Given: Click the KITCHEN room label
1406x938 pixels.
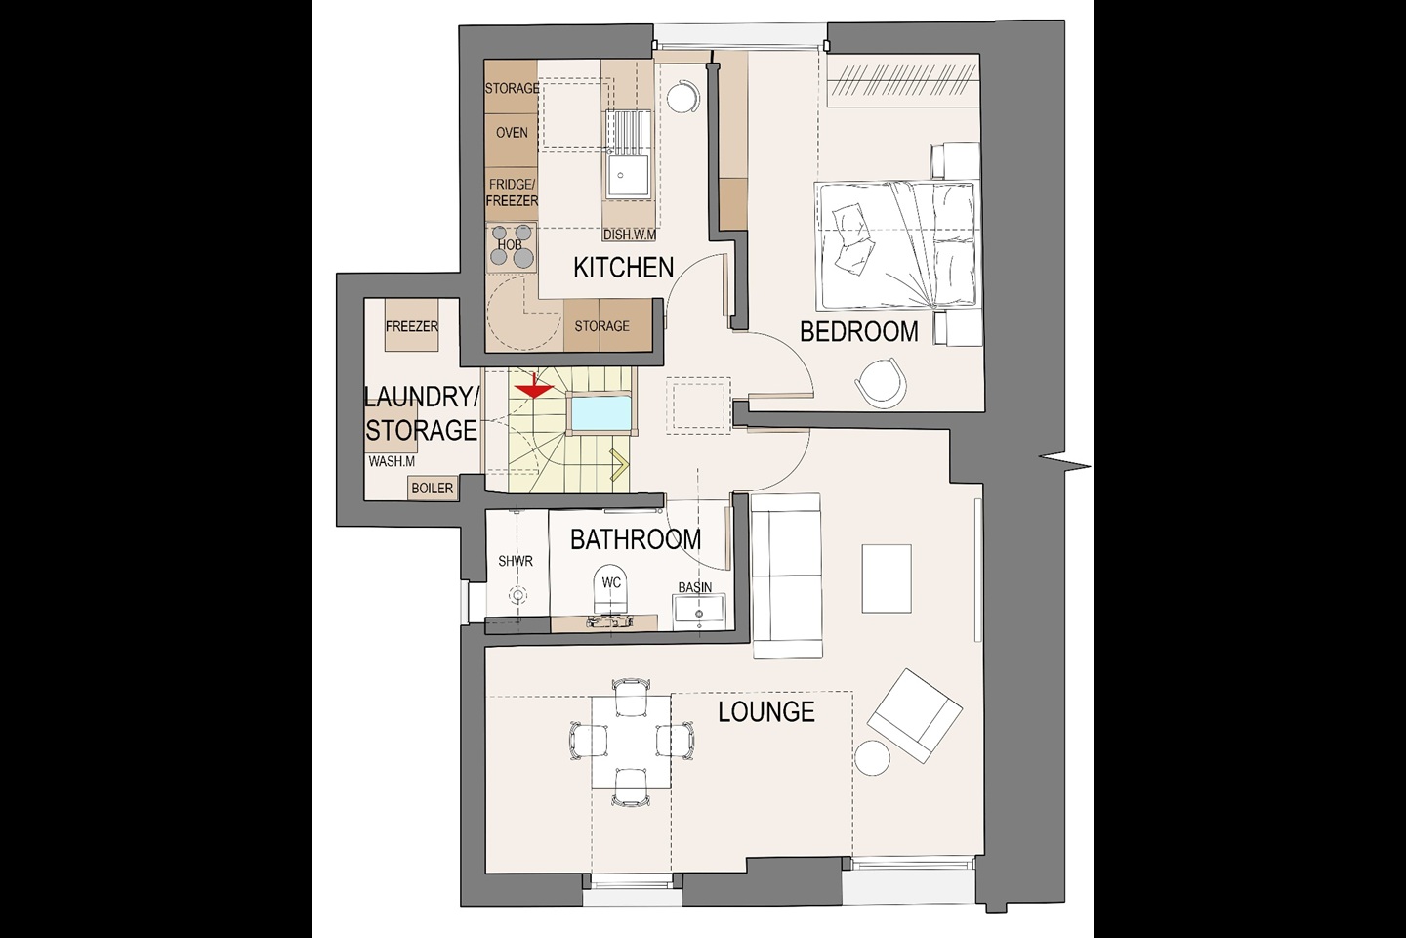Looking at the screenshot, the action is pos(623,268).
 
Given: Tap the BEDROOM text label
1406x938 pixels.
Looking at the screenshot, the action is pos(858,332).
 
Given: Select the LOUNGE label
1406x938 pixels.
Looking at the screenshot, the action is pos(766,712).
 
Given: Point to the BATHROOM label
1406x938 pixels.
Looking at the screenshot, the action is pos(636,539).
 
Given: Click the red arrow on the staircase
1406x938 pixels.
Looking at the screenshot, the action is pos(533,387).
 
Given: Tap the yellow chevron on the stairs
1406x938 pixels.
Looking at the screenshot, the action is pos(618,465).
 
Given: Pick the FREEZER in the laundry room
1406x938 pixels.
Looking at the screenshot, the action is pos(412,325).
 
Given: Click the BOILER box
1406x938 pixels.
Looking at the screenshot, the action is pos(432,489).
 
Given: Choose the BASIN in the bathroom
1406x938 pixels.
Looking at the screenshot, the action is pos(699,611).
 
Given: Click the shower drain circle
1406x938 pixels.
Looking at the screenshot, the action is pos(517,594).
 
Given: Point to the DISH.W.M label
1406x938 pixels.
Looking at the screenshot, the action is pos(630,234).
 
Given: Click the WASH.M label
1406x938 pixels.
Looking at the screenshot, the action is pos(392,461).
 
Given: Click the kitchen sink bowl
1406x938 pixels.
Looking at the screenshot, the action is pos(621,175).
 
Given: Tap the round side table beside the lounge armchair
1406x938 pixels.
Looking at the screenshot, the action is pos(873,758).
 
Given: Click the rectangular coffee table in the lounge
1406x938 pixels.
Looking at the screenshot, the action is pos(887,578).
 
